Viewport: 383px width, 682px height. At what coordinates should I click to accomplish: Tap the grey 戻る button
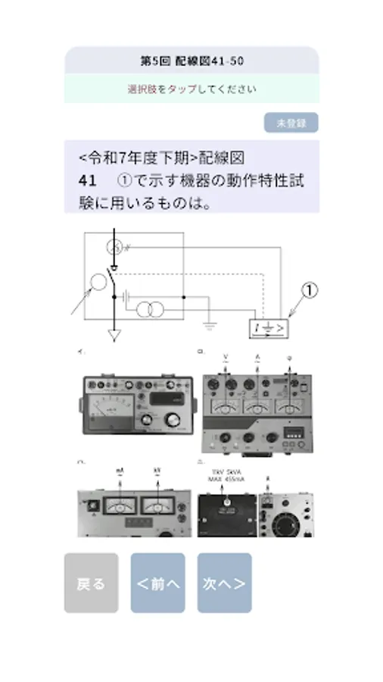coord(91,583)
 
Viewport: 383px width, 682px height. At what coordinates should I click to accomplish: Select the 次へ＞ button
coord(224,583)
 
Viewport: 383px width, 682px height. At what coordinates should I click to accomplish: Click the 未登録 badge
coord(291,123)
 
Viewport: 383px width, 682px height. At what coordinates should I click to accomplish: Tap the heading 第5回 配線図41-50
coord(191,60)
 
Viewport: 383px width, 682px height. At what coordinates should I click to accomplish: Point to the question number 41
coord(87,181)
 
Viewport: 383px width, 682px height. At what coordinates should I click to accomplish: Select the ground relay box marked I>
coord(269,328)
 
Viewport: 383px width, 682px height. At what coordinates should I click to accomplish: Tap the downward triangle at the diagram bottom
coord(114,335)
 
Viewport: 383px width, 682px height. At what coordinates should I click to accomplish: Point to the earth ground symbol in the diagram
coord(210,326)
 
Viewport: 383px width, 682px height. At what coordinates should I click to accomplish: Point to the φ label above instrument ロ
coord(290,355)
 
